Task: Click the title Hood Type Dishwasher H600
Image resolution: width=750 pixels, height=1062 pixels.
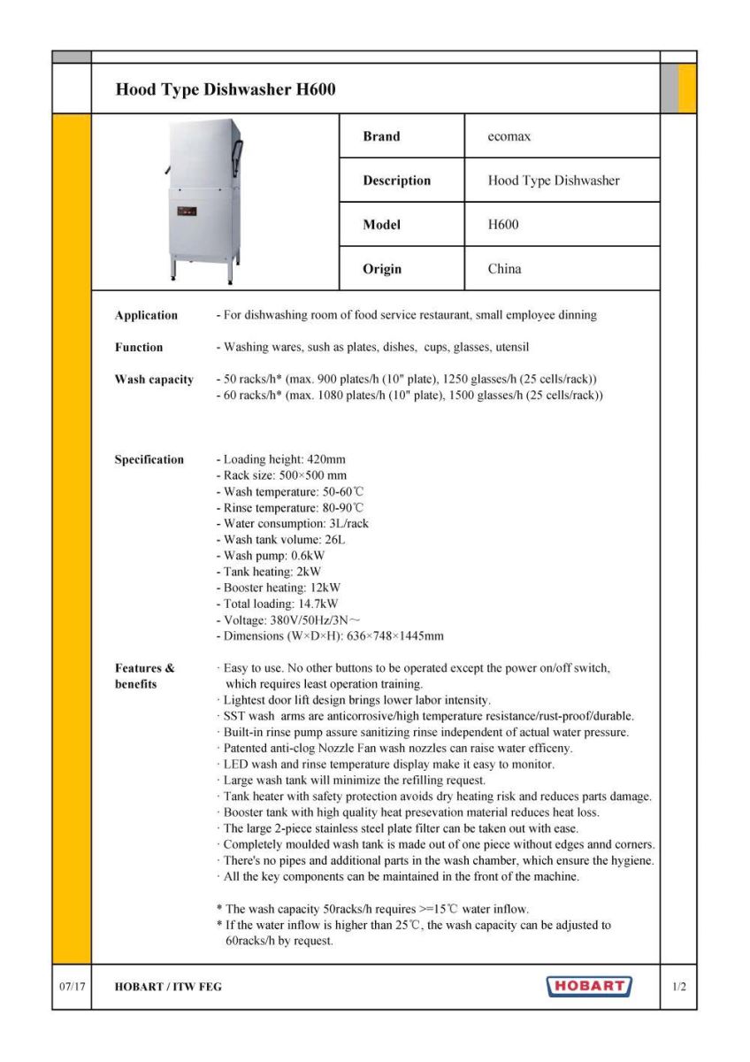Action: pos(226,90)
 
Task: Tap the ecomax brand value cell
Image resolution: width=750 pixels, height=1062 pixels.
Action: pos(509,136)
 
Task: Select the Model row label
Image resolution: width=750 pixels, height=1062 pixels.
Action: pos(381,225)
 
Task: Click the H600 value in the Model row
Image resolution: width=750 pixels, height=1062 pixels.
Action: pos(503,225)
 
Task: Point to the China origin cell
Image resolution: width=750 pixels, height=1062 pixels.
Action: pos(504,269)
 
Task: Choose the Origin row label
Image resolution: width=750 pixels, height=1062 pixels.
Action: pos(382,269)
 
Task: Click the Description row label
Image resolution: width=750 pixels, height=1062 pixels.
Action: pos(396,181)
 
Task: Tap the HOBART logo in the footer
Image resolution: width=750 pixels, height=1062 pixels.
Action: pos(590,986)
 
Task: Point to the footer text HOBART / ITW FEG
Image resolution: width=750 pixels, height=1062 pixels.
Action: pos(168,987)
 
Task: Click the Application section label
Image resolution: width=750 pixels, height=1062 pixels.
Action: pos(146,315)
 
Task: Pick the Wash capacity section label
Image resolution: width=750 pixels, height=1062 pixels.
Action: pos(154,380)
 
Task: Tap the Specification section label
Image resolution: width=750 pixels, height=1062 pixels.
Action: pos(149,459)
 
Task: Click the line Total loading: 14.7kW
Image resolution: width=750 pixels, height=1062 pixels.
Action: pos(278,604)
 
